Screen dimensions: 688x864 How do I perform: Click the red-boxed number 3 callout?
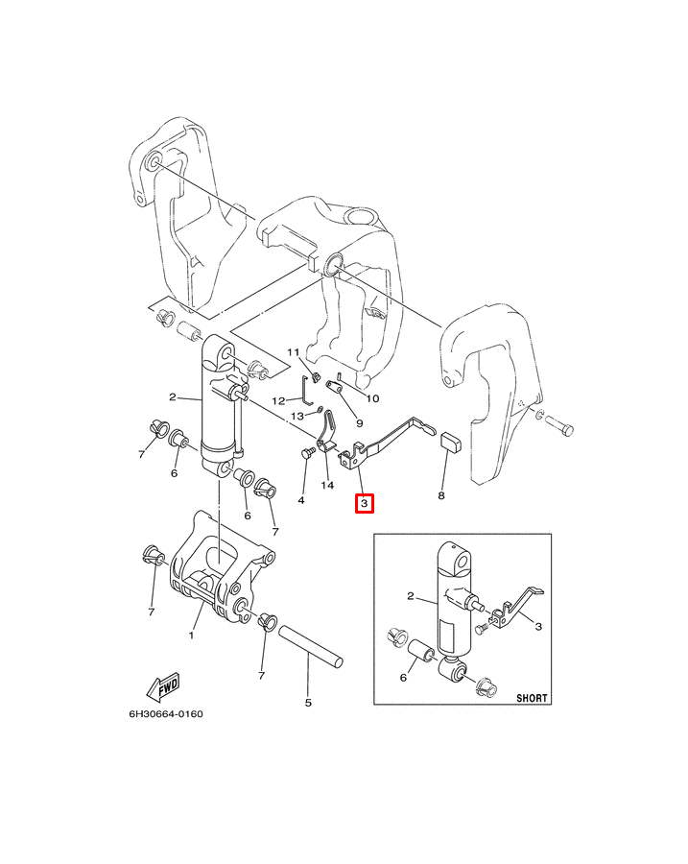[364, 503]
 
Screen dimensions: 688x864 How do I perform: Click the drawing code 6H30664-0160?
[166, 714]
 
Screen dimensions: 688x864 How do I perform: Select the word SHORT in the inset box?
[532, 698]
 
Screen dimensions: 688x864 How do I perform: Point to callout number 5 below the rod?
[308, 703]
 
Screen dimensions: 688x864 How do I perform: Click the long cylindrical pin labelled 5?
[311, 646]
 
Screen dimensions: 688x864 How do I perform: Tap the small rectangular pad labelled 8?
[451, 440]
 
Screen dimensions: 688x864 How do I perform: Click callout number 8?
[441, 496]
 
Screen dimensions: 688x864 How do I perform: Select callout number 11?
[293, 352]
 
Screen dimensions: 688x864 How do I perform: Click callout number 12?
[278, 400]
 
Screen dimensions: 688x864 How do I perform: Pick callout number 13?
[297, 416]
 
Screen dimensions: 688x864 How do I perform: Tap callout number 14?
[327, 486]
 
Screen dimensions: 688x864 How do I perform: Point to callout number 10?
[373, 398]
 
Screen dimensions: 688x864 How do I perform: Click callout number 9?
[360, 423]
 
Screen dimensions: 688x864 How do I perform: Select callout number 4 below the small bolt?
[300, 500]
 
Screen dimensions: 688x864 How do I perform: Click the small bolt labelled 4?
[307, 455]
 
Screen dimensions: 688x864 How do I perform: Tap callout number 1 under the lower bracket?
[191, 636]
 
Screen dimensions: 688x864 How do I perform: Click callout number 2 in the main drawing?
[173, 396]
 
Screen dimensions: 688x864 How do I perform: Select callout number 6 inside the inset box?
[403, 677]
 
